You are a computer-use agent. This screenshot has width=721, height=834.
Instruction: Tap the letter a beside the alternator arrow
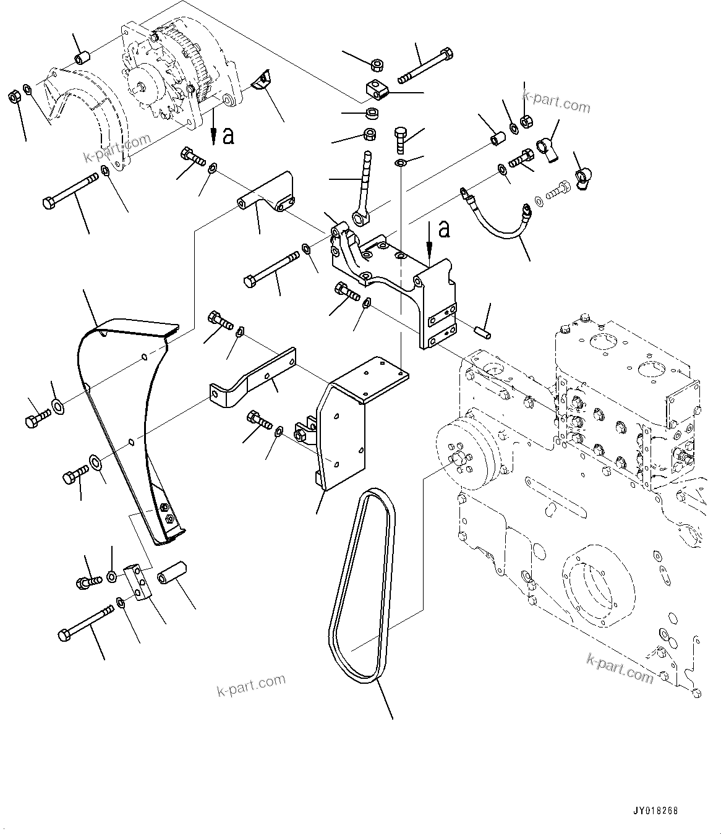click(x=228, y=135)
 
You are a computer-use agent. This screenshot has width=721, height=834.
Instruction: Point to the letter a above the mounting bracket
click(x=443, y=229)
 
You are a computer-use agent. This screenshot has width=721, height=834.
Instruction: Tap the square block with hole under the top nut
click(x=375, y=90)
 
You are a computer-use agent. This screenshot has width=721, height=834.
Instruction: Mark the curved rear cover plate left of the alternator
click(x=74, y=117)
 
